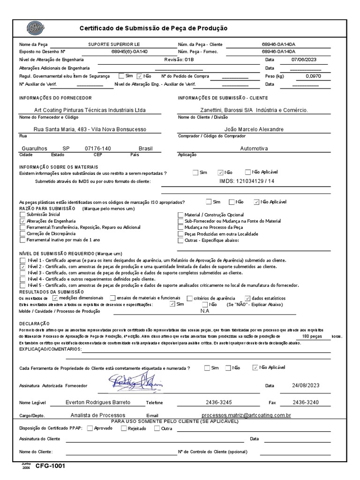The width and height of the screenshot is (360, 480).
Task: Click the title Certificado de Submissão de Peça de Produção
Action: pos(153,28)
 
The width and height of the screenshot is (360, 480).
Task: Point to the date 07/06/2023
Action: pos(304,60)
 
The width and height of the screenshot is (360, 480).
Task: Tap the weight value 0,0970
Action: pos(313,75)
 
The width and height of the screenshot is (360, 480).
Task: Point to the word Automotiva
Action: pos(254,149)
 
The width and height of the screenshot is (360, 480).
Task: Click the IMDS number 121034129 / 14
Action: pos(247,180)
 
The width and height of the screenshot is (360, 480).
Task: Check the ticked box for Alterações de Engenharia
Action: pos(22,221)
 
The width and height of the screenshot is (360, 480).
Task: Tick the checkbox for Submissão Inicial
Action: pos(22,214)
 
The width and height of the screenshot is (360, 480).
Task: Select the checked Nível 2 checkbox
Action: pos(22,266)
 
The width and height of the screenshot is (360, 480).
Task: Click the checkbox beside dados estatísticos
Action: pos(247,298)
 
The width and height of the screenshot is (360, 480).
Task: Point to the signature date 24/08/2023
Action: pos(305,385)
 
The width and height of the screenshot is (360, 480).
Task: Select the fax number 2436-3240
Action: pos(305,403)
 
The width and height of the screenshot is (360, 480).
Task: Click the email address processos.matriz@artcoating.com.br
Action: pos(246,415)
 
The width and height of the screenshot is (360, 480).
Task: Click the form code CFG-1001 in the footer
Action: pos(53,466)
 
